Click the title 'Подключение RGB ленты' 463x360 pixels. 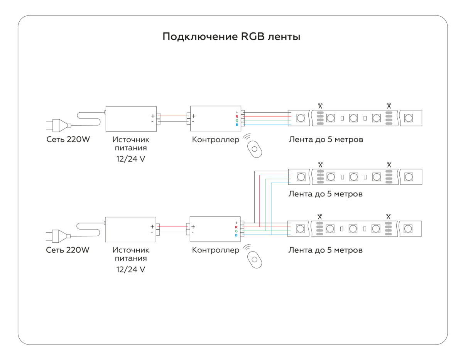(x=231, y=37)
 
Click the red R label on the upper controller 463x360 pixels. (x=237, y=117)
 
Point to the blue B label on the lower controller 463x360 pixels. (x=236, y=235)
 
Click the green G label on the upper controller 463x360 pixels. (x=237, y=120)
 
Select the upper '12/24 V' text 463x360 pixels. (x=131, y=159)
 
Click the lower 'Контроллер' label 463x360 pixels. (x=215, y=250)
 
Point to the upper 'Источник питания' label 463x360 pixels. (x=131, y=144)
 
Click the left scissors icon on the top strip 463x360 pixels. (x=320, y=105)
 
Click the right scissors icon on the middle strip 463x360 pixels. (x=389, y=164)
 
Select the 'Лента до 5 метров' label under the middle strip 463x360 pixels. (x=325, y=194)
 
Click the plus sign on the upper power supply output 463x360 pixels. (x=153, y=116)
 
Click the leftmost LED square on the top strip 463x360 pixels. (x=301, y=118)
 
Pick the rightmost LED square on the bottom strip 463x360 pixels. (x=407, y=229)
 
